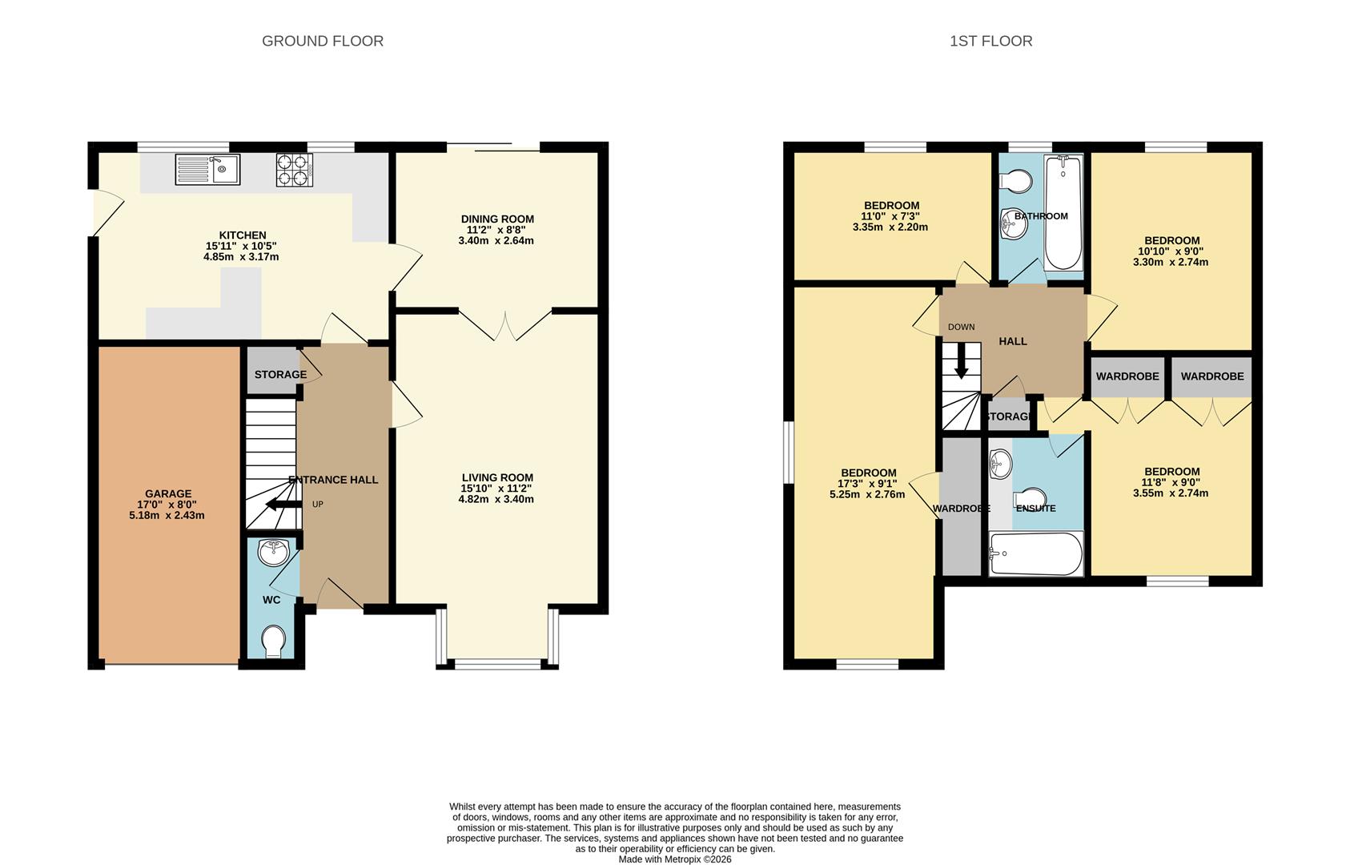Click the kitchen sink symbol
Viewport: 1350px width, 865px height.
(x=207, y=169)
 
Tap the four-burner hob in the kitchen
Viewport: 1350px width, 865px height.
(x=294, y=170)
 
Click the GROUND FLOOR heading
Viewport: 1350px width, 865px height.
(x=323, y=41)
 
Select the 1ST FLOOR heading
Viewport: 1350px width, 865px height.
(x=990, y=41)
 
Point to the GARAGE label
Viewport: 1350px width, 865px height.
(x=168, y=494)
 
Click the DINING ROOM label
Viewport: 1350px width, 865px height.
(x=497, y=219)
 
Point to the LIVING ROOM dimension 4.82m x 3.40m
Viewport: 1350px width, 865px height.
(x=496, y=499)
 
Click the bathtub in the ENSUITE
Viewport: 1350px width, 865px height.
(x=1035, y=553)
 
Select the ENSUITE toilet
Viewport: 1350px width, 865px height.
(x=1031, y=497)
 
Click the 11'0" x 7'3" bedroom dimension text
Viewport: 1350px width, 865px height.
(x=890, y=216)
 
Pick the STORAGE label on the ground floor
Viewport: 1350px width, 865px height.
(x=280, y=375)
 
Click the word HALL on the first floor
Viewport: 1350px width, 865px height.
(x=1013, y=341)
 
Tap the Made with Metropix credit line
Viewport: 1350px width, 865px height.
(x=674, y=859)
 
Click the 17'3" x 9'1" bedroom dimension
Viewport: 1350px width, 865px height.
(x=867, y=484)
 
